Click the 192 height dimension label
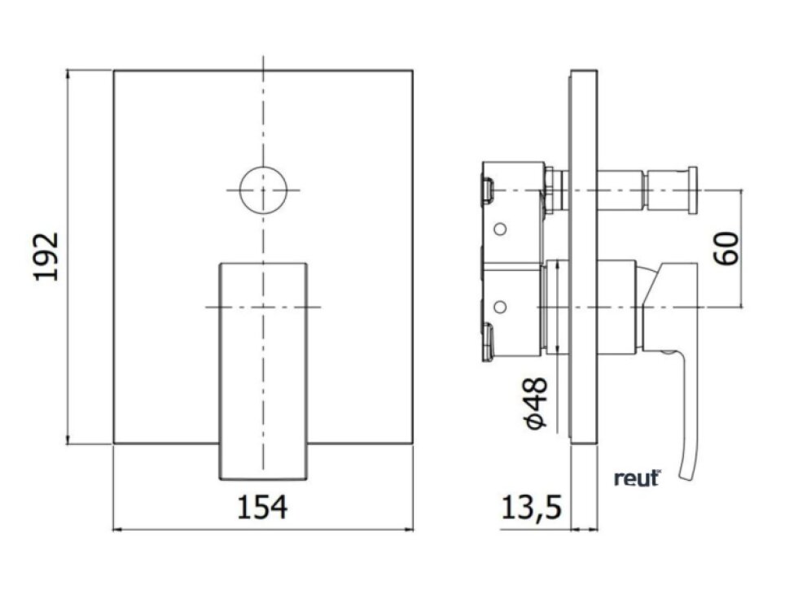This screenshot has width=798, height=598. coord(46,257)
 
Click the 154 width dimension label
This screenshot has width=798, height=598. coord(262,507)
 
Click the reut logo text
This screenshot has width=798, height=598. coord(636,478)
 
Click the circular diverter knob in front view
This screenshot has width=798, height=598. coord(264,190)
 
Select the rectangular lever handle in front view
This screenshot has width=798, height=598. coord(264,370)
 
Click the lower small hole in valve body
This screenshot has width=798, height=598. coord(500,307)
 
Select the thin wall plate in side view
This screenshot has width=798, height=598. coord(584,257)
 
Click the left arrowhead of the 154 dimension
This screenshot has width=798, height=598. coord(116,530)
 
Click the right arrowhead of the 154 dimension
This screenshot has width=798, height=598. coord(410,530)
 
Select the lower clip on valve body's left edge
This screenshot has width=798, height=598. coord(487,341)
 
